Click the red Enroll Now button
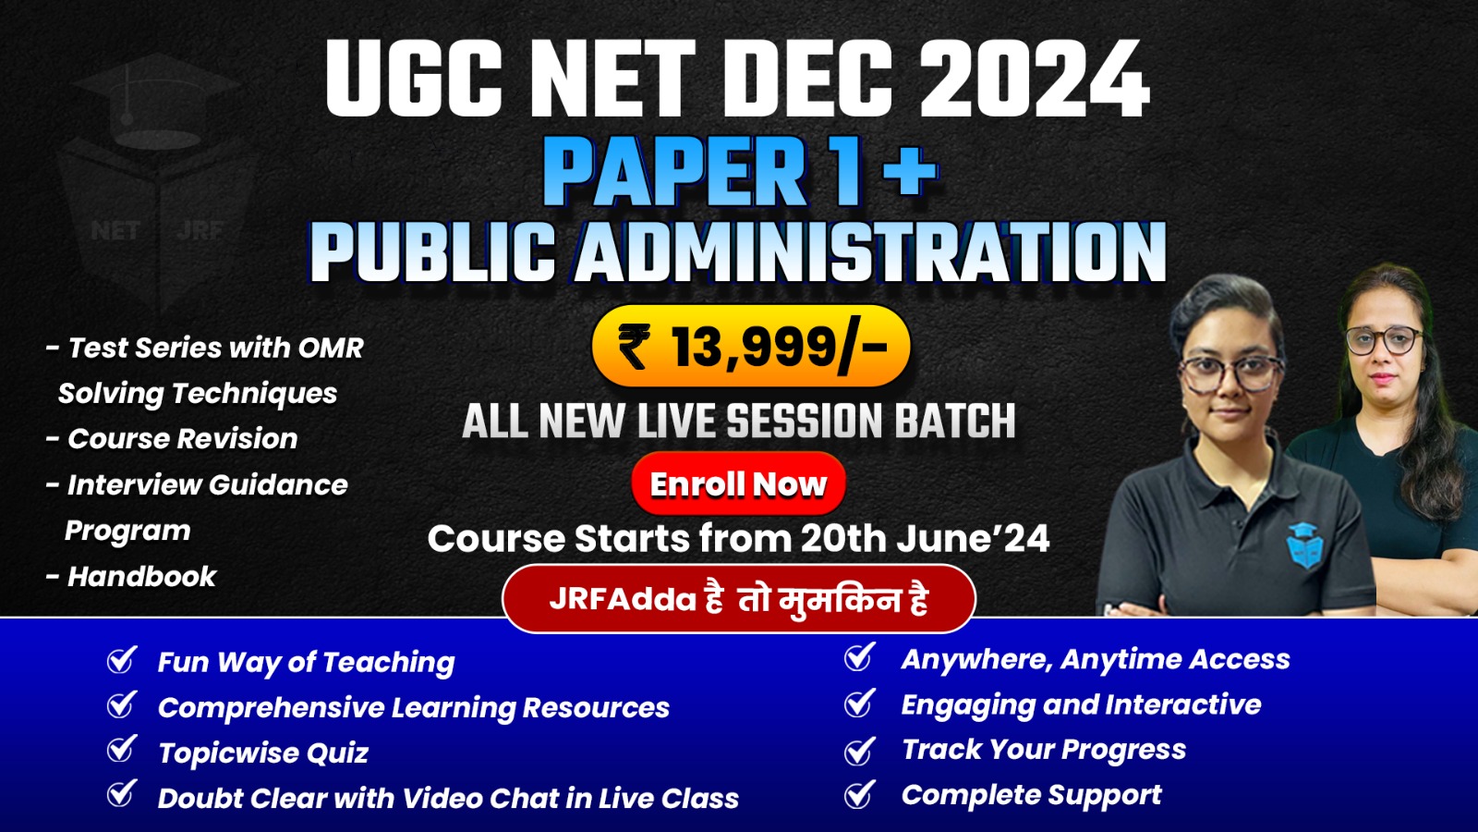(x=738, y=483)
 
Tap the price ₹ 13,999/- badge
(x=751, y=347)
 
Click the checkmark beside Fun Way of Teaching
(x=122, y=660)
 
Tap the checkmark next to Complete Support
(x=860, y=794)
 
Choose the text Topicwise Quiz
(x=263, y=752)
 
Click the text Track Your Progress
(x=1044, y=750)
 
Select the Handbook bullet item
(x=141, y=577)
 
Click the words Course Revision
(x=183, y=439)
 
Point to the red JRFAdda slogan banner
(x=738, y=599)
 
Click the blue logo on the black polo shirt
(x=1304, y=544)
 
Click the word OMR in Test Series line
(x=330, y=348)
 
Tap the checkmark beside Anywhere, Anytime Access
(x=860, y=657)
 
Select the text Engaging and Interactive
(x=1081, y=704)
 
